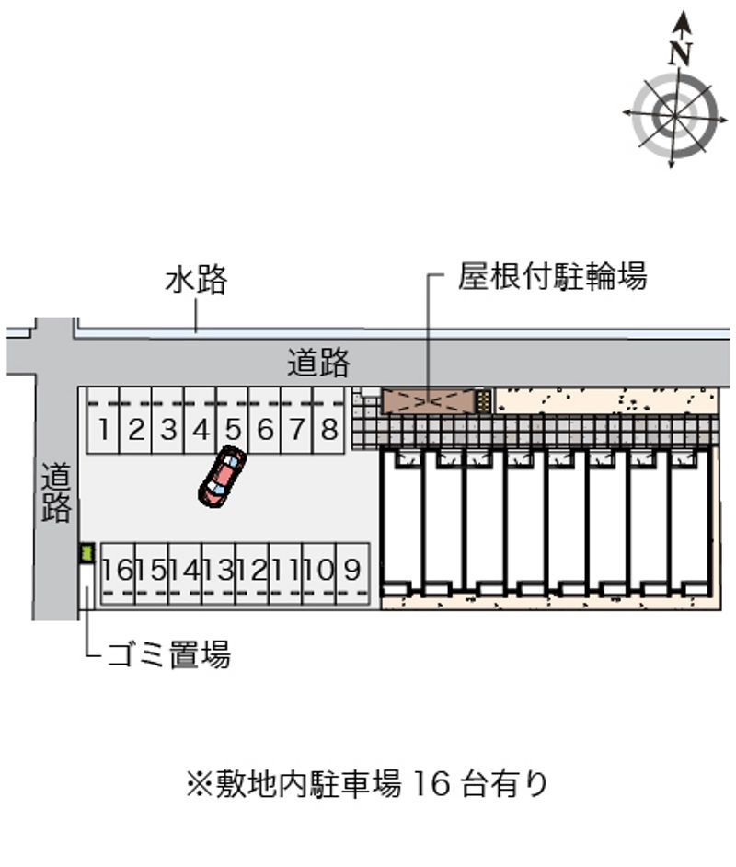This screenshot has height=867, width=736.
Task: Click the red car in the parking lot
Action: [x=222, y=476]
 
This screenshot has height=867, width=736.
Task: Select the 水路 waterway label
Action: [x=196, y=279]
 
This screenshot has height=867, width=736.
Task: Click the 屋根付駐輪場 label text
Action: [x=552, y=275]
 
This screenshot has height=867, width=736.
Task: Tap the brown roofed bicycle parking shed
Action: [x=429, y=401]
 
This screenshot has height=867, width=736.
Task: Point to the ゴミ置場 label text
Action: [x=168, y=654]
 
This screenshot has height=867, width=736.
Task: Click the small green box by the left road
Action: [x=86, y=553]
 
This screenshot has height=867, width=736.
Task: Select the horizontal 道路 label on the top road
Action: [x=319, y=363]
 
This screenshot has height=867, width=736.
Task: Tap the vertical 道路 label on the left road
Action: [x=56, y=492]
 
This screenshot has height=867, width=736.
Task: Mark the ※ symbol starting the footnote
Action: [x=199, y=784]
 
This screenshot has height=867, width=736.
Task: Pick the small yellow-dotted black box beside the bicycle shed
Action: [x=484, y=401]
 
